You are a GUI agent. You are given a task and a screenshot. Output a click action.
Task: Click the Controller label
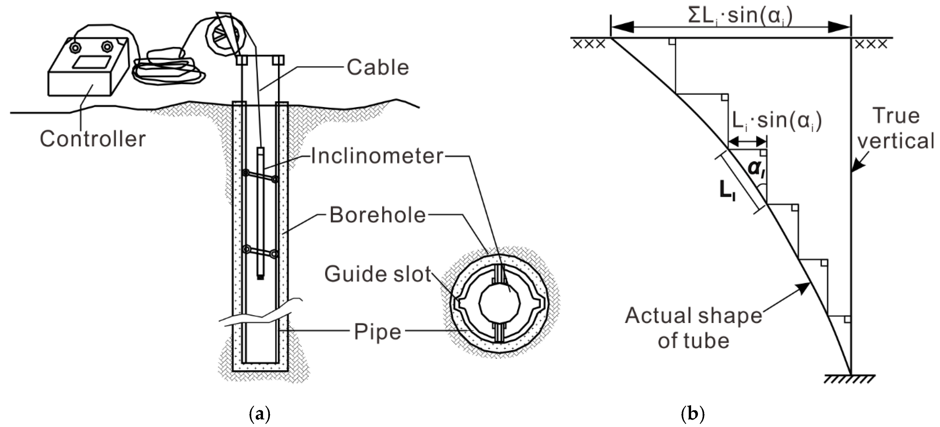(x=93, y=139)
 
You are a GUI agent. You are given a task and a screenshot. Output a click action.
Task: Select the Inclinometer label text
(x=376, y=156)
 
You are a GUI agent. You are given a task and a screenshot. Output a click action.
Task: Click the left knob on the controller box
(x=75, y=47)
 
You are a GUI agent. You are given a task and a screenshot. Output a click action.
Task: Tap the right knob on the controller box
(x=107, y=46)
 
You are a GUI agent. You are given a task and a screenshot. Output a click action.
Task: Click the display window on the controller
(x=92, y=62)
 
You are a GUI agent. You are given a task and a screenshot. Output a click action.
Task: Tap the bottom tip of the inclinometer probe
(x=260, y=277)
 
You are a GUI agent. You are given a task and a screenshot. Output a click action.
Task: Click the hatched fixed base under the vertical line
(x=850, y=380)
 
